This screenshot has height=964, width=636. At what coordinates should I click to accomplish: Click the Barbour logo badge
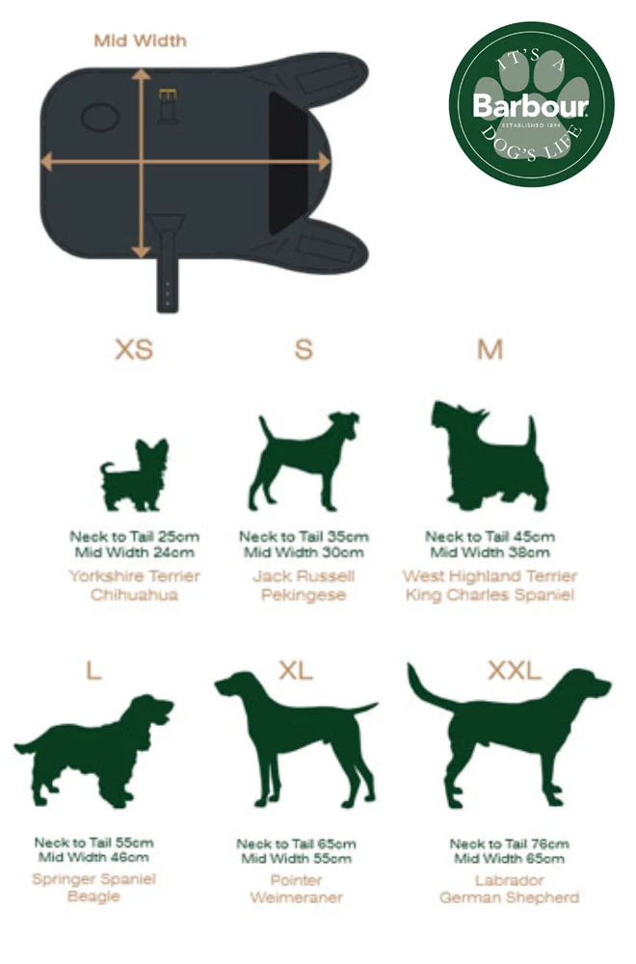point(532,104)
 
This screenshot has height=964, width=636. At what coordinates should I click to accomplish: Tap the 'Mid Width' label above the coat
point(140,41)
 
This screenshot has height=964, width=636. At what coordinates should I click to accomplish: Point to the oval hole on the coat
point(100,117)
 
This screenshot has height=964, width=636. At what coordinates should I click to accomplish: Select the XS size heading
point(134,349)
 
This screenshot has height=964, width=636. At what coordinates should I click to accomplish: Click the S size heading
point(304,349)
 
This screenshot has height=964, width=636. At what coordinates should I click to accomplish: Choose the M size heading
point(490,349)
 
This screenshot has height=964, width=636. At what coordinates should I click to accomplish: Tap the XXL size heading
point(515,670)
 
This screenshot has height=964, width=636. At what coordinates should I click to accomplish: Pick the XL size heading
point(296,670)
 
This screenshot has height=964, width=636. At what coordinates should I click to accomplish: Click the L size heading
point(93,670)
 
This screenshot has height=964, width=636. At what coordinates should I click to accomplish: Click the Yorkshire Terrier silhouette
point(134,475)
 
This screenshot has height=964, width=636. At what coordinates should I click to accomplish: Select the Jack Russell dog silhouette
point(303,461)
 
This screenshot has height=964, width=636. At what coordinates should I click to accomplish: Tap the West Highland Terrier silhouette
point(490,456)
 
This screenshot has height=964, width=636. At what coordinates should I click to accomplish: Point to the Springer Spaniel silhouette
point(93,751)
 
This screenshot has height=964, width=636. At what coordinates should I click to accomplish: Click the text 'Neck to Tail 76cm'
point(510,843)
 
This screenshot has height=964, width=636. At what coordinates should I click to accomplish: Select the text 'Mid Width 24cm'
point(135,552)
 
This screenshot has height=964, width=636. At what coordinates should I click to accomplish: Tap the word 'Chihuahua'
point(134,595)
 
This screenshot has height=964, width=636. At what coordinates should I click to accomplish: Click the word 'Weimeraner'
point(296,897)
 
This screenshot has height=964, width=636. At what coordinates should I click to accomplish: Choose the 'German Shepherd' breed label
point(510,897)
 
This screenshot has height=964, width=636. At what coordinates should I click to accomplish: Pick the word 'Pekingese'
point(304,595)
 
